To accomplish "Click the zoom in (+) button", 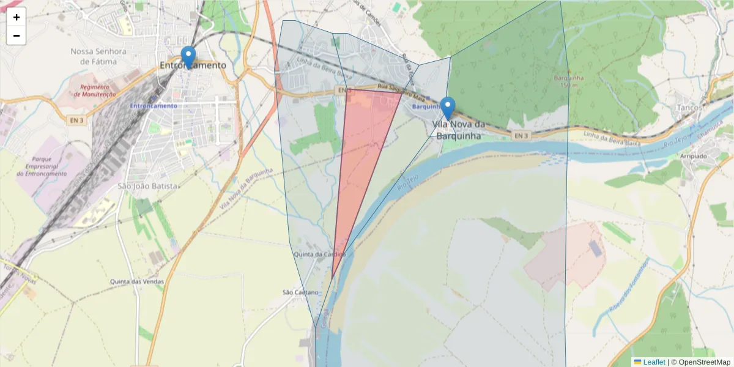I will (x=17, y=17).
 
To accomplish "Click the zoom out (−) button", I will (x=17, y=35).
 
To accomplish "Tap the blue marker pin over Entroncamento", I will (x=188, y=56).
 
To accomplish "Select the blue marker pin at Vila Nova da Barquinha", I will (x=448, y=107).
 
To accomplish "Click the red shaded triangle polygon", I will (x=361, y=153).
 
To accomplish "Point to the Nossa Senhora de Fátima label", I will (x=98, y=56).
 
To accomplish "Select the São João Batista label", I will (x=148, y=186).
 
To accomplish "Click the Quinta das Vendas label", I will (x=137, y=281).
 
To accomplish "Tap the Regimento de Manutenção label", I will (x=95, y=91).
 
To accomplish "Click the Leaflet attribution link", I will (x=649, y=362).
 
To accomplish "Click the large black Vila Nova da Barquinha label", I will (x=458, y=130).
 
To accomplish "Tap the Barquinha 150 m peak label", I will (x=569, y=81).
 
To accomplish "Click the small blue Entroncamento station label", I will (x=153, y=106).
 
